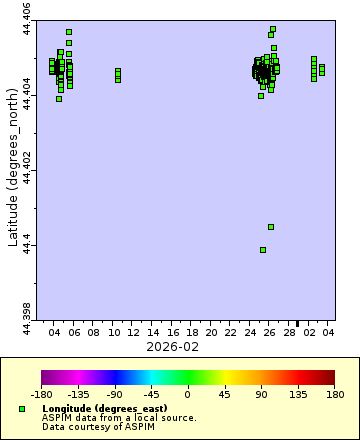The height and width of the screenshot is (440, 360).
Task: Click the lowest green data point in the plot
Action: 263,250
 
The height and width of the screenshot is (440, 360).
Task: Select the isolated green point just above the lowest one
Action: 271,227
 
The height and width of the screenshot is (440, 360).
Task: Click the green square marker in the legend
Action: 22,409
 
